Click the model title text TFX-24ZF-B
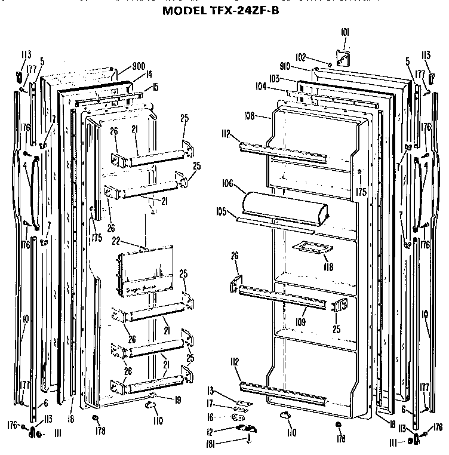tap(224, 10)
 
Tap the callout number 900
tap(139, 66)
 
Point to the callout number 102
tap(301, 57)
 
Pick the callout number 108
tap(250, 116)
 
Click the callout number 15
tap(155, 88)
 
